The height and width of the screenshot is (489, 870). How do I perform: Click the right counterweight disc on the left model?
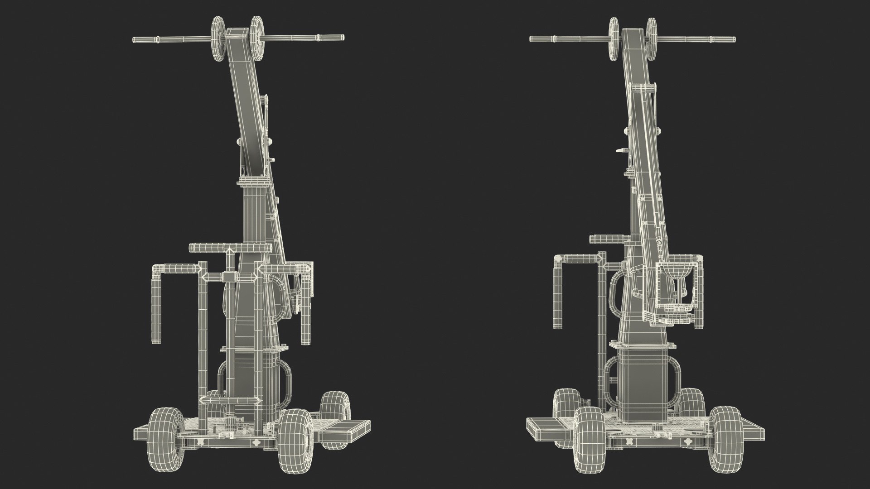[x=257, y=39]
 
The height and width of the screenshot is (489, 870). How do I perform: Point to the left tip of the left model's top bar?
[x=134, y=39]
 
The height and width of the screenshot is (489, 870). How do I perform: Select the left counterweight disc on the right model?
[x=614, y=39]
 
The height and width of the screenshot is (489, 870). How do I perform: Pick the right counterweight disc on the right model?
[x=652, y=39]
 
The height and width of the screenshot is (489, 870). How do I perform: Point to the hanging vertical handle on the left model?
[x=156, y=308]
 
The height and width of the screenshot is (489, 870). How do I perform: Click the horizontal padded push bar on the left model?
[x=230, y=248]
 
